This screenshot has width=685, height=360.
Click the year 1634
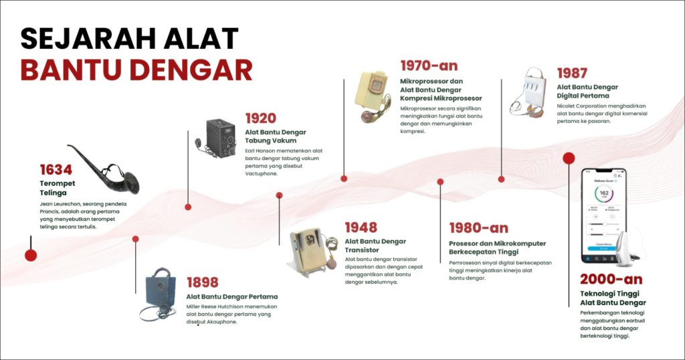point(56,169)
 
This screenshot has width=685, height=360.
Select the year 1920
point(260,118)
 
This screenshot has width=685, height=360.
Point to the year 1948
point(361,228)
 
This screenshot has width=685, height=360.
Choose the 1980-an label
point(478,228)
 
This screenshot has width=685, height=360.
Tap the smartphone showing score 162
point(603,214)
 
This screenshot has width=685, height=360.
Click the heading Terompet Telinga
point(57,187)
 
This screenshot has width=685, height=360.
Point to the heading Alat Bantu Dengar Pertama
point(231,296)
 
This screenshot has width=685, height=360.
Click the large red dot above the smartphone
point(569,158)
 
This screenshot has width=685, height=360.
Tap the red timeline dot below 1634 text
point(30,254)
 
